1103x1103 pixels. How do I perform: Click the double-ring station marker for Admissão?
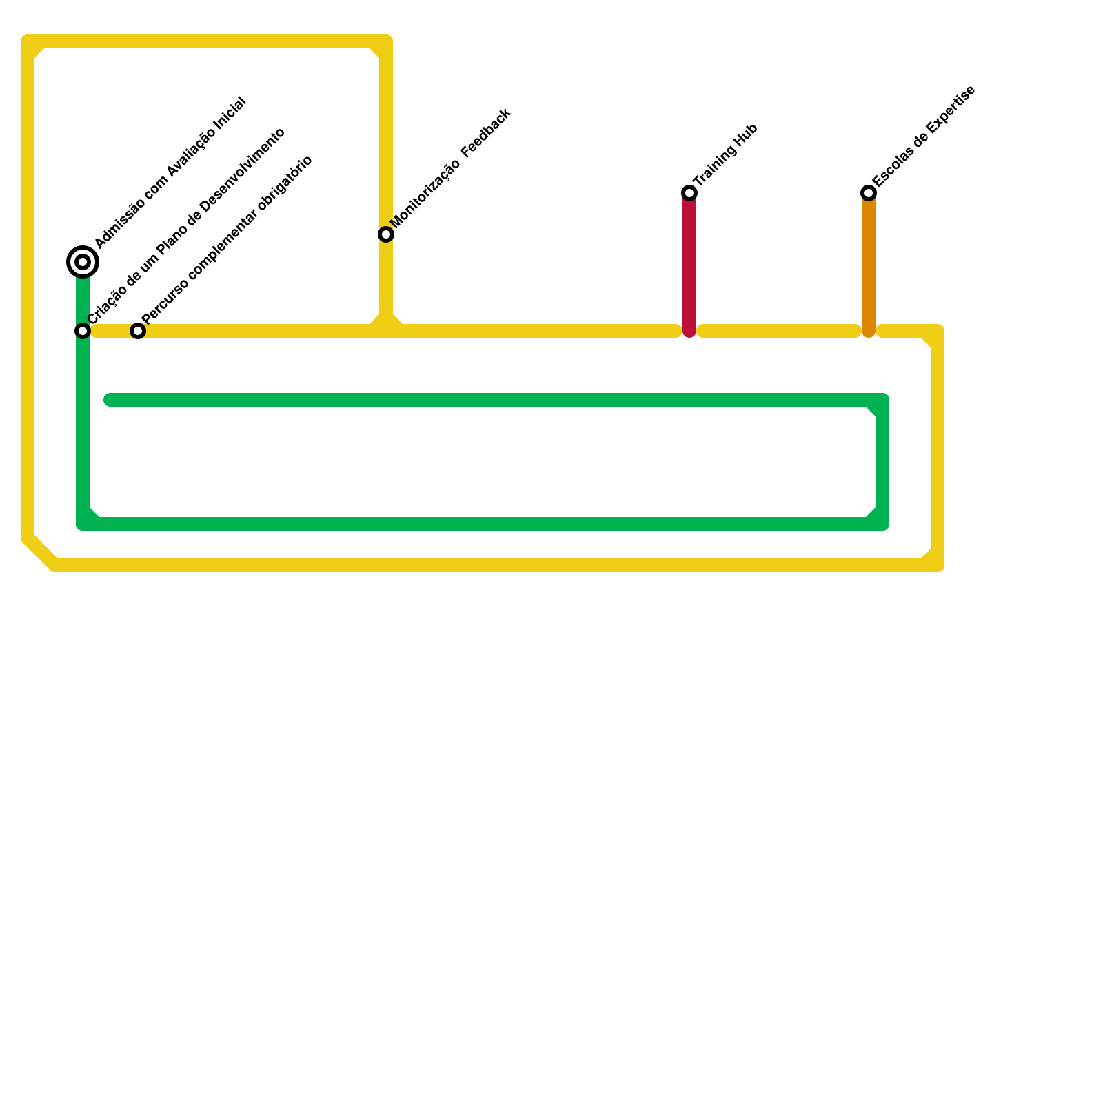(x=83, y=262)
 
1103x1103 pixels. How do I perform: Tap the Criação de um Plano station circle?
(x=83, y=331)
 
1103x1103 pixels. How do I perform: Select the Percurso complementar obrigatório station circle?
(x=138, y=331)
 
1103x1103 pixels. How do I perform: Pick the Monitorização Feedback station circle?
(x=386, y=234)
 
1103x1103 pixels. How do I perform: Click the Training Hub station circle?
(x=689, y=193)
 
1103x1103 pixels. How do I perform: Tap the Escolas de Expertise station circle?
(x=869, y=193)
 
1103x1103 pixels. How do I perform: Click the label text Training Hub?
(x=727, y=154)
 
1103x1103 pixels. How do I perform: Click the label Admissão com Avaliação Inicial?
(x=171, y=172)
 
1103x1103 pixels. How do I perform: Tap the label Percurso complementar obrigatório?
(x=228, y=238)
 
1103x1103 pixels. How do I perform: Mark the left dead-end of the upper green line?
(x=109, y=400)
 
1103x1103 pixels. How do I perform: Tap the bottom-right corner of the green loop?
(x=882, y=523)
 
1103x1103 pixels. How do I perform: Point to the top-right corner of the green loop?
(x=882, y=401)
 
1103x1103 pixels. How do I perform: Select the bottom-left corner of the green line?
(x=83, y=523)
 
